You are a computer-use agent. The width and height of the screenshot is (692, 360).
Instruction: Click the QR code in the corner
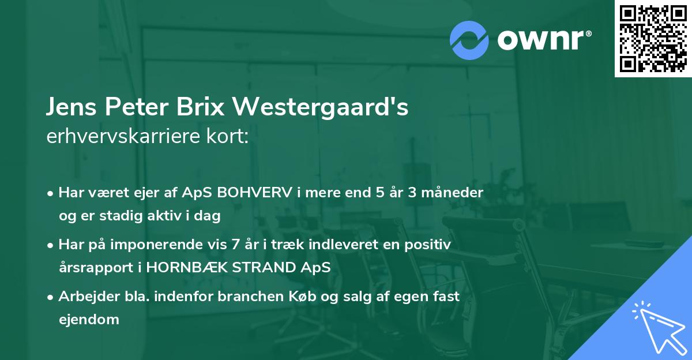[x=653, y=39]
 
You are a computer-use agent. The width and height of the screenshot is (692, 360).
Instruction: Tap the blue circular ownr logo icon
[x=469, y=40]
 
